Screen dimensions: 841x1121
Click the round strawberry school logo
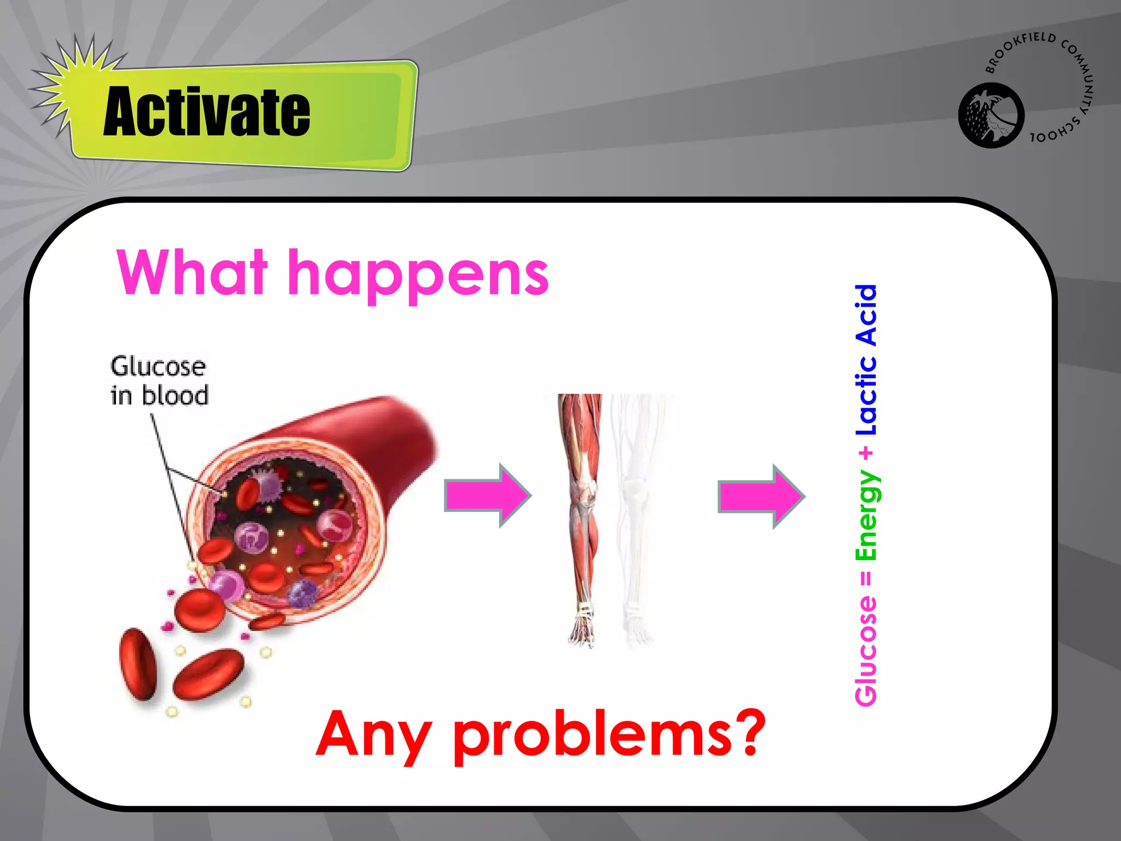click(991, 116)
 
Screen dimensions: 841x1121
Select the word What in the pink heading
click(192, 272)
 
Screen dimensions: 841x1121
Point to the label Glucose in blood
click(159, 381)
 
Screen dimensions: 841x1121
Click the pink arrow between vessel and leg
click(487, 496)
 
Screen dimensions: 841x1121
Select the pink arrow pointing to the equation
click(760, 496)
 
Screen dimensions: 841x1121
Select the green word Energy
click(867, 515)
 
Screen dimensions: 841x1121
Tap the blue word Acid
click(866, 315)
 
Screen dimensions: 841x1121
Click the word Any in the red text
click(372, 734)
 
